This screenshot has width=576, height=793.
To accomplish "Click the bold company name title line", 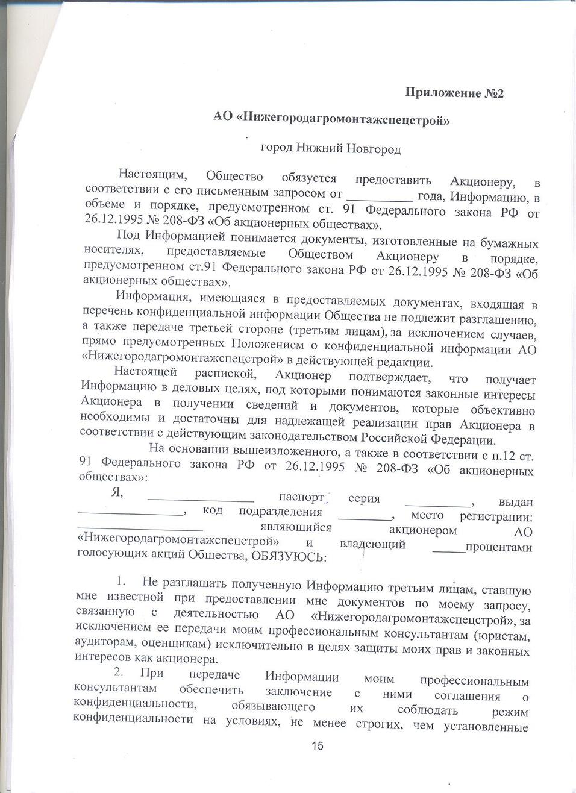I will [332, 119].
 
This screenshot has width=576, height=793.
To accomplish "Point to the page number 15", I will [318, 746].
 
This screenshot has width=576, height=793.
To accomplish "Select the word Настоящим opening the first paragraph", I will [152, 175].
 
